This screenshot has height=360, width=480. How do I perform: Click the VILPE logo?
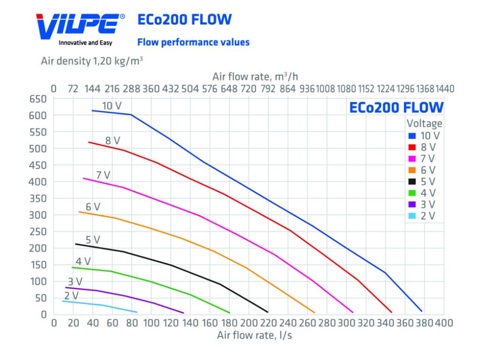80,26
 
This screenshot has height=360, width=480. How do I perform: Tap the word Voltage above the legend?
424,124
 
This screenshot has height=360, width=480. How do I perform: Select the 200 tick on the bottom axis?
248,323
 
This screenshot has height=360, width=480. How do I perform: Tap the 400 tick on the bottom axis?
443,323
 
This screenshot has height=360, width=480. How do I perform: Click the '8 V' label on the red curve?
112,140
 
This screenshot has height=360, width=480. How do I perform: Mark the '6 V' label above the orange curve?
93,207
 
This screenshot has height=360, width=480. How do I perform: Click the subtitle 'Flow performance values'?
193,42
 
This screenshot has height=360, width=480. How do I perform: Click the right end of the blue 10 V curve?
422,311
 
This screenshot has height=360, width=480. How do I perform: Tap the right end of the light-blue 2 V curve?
136,312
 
